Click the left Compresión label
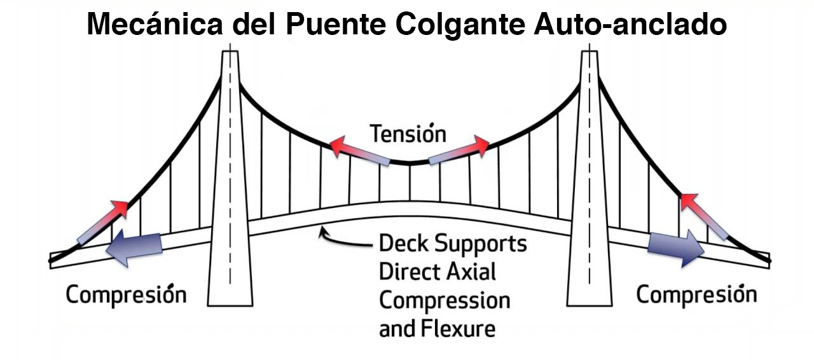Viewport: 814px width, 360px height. point(127,295)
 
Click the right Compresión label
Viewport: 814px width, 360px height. point(696,294)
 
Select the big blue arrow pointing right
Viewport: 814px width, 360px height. point(676,247)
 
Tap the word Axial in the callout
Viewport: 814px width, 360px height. point(470,272)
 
